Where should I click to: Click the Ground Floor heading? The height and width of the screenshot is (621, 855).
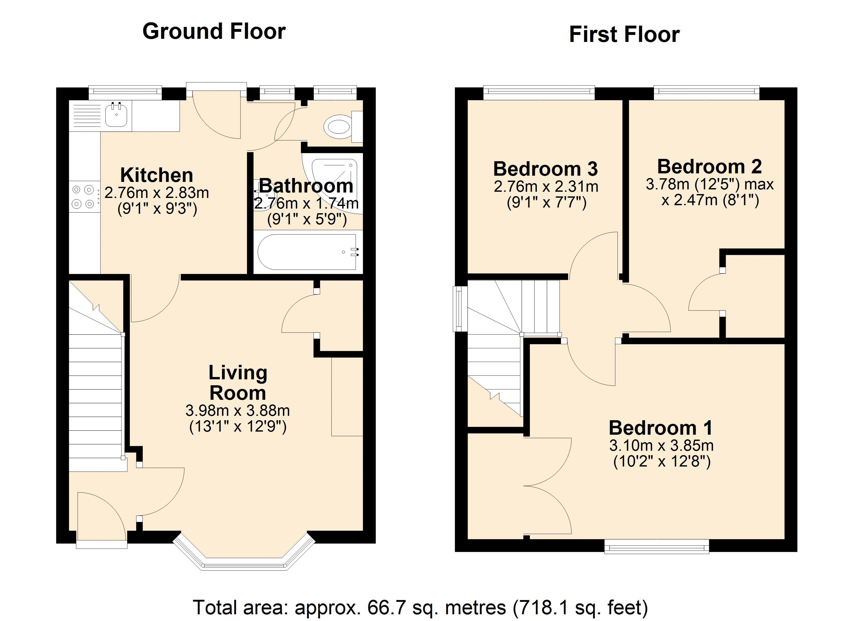(x=214, y=31)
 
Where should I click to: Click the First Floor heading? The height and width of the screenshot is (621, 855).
(x=624, y=35)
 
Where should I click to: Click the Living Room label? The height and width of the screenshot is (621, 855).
(x=238, y=383)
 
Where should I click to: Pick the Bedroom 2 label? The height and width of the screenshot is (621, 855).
(x=709, y=166)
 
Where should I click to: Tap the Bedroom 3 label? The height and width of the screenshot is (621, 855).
(x=545, y=169)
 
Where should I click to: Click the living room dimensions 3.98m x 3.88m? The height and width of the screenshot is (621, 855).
(x=238, y=410)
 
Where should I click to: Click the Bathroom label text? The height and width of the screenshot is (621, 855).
(x=306, y=186)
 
